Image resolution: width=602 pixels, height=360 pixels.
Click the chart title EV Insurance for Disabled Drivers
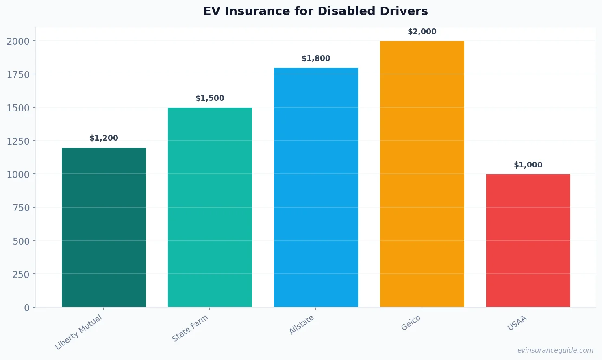pos(315,11)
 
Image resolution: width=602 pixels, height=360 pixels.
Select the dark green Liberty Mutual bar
pos(104,227)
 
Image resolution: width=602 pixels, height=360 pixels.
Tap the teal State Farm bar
pos(210,207)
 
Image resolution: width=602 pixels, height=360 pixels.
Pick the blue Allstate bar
pos(316,187)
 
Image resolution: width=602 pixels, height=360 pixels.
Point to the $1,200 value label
pos(104,138)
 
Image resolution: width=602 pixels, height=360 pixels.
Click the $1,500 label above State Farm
pos(210,98)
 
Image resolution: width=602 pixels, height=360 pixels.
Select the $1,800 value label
pos(316,59)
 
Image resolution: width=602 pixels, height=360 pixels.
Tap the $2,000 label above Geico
pos(422,32)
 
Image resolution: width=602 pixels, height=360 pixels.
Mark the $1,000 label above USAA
pos(528,165)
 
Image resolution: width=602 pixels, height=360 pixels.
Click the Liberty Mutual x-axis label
pos(79,332)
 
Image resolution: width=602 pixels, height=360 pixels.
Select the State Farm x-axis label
pos(190,328)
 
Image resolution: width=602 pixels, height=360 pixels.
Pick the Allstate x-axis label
pos(302,325)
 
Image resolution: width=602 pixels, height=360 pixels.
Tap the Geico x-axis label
pos(411,323)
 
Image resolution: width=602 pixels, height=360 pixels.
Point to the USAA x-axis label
pos(517,323)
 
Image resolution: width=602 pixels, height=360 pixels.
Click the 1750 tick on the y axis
pos(18,74)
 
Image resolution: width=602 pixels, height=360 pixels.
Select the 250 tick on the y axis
pos(21,274)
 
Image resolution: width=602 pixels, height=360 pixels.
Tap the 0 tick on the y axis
pos(27,308)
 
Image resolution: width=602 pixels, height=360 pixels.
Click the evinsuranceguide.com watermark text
pos(555,350)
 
